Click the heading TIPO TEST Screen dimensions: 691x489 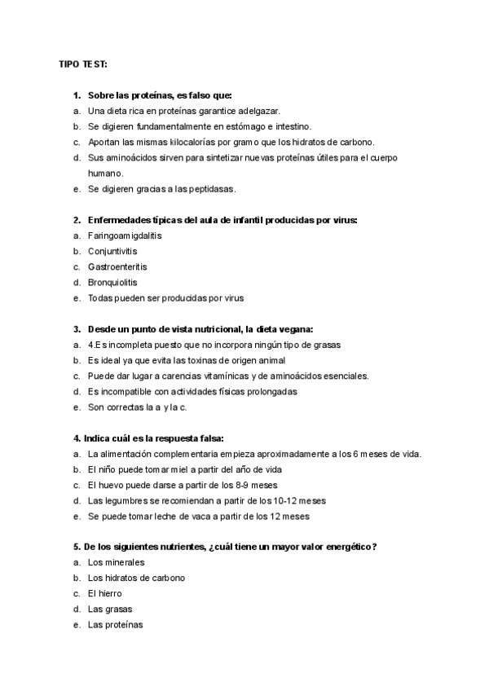pyautogui.click(x=83, y=63)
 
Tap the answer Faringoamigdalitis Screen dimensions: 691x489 pyautogui.click(x=126, y=235)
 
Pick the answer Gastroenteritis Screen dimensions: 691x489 pyautogui.click(x=117, y=266)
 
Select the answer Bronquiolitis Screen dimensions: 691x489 pyautogui.click(x=113, y=282)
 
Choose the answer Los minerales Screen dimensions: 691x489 pyautogui.click(x=116, y=562)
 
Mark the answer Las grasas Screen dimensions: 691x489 pyautogui.click(x=110, y=609)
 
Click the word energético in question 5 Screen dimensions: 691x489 pyautogui.click(x=342, y=546)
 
